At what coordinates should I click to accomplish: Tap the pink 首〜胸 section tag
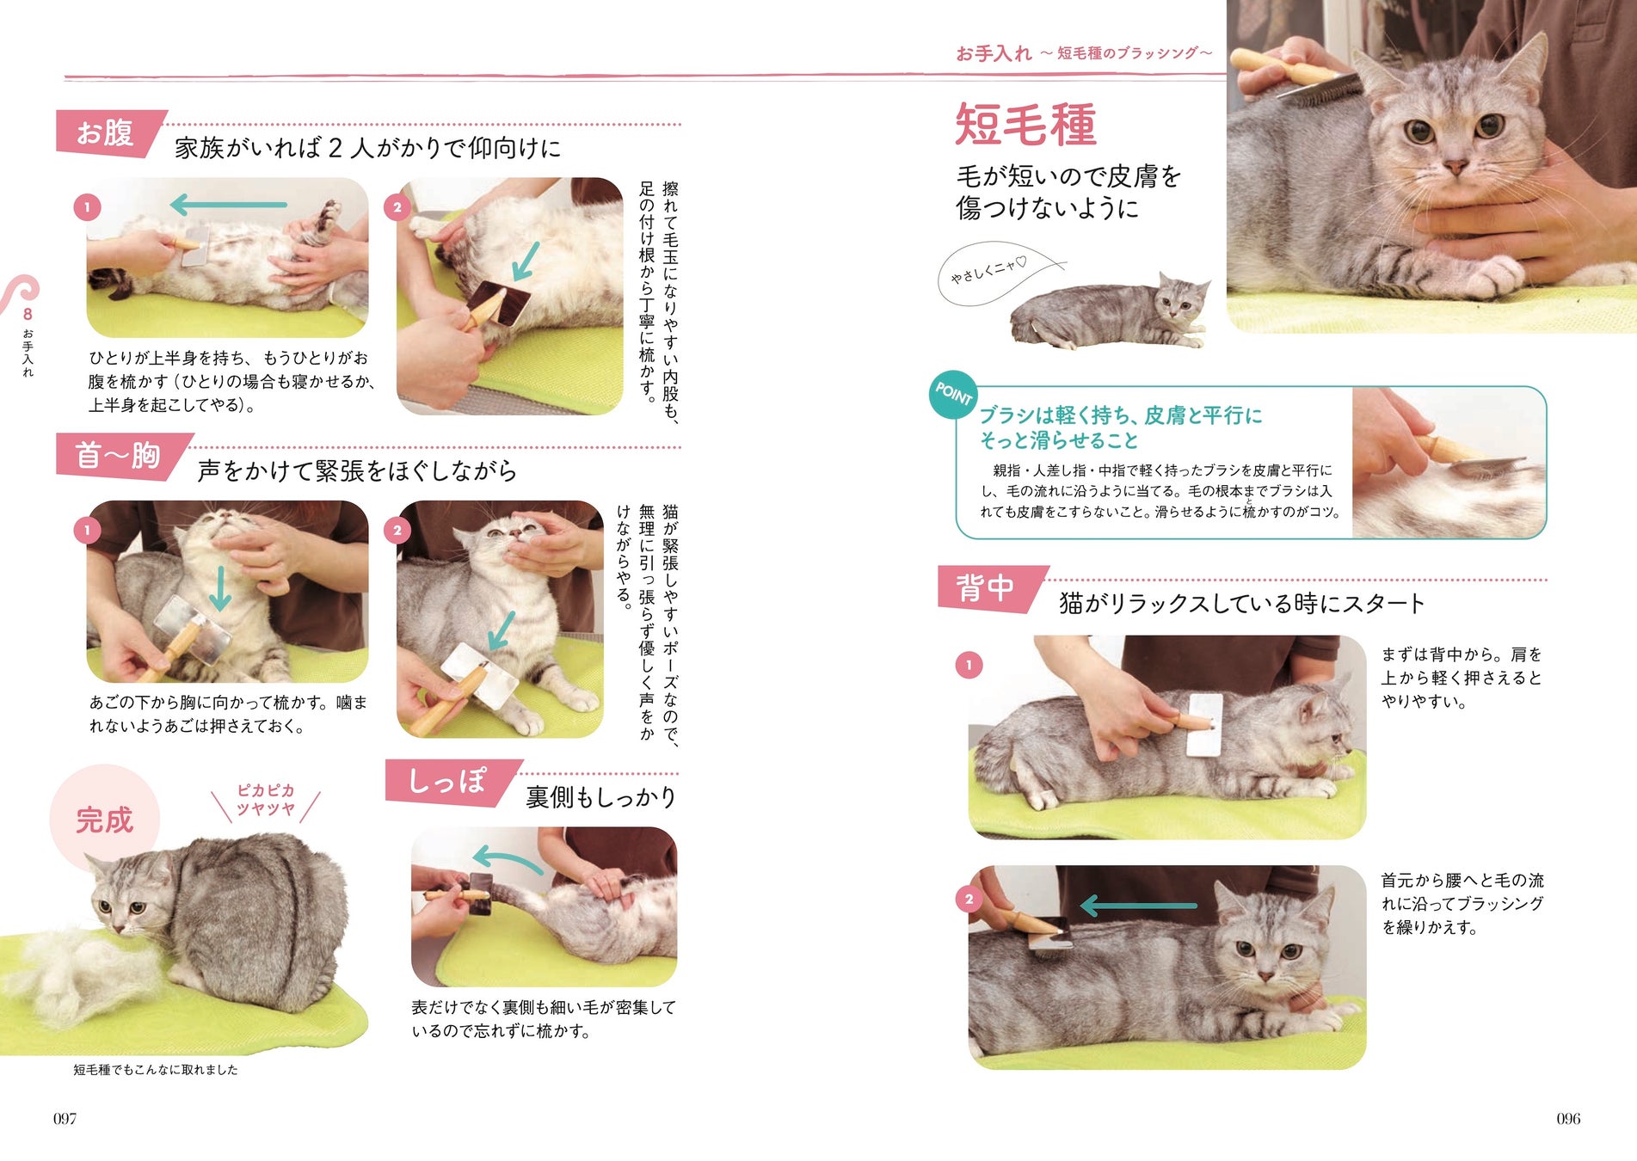pyautogui.click(x=120, y=455)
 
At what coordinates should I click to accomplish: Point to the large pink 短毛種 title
pyautogui.click(x=1026, y=125)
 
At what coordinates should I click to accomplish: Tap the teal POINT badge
pyautogui.click(x=953, y=395)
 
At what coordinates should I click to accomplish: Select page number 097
pyautogui.click(x=65, y=1118)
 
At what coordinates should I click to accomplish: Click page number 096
pyautogui.click(x=1568, y=1118)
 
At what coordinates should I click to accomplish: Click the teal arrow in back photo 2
pyautogui.click(x=1138, y=905)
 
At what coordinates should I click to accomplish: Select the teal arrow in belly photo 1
pyautogui.click(x=228, y=205)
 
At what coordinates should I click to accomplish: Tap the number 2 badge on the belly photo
pyautogui.click(x=397, y=207)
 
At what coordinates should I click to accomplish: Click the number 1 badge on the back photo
pyautogui.click(x=969, y=665)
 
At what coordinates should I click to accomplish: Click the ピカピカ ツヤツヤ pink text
pyautogui.click(x=266, y=800)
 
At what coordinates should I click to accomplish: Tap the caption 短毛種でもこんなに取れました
pyautogui.click(x=156, y=1069)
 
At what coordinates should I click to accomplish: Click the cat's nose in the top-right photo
pyautogui.click(x=1455, y=164)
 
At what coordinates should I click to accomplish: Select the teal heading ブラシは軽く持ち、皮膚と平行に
pyautogui.click(x=1121, y=415)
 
